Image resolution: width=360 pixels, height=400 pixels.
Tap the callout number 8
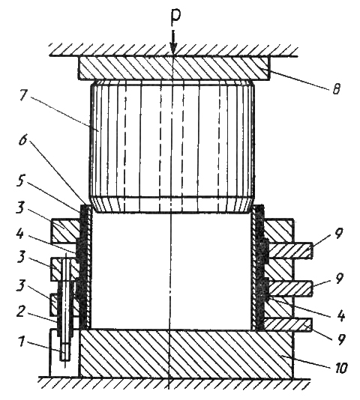(x=337, y=89)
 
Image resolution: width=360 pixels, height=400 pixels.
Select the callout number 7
(x=22, y=94)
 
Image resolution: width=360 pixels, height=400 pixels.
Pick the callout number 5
(x=21, y=181)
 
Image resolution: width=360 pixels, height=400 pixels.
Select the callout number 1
(x=22, y=341)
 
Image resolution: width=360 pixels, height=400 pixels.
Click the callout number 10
(x=340, y=369)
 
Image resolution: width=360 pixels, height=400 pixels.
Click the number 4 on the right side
(x=340, y=315)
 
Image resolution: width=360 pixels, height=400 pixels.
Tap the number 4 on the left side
(x=19, y=234)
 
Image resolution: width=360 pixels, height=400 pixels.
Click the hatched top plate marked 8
(x=174, y=68)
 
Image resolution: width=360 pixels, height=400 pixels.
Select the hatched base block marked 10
(x=186, y=354)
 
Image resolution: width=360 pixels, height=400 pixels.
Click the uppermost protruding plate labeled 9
(x=288, y=250)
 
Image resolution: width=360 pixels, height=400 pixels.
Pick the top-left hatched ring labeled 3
(x=64, y=231)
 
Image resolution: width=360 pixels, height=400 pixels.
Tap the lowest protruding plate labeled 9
(x=288, y=324)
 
